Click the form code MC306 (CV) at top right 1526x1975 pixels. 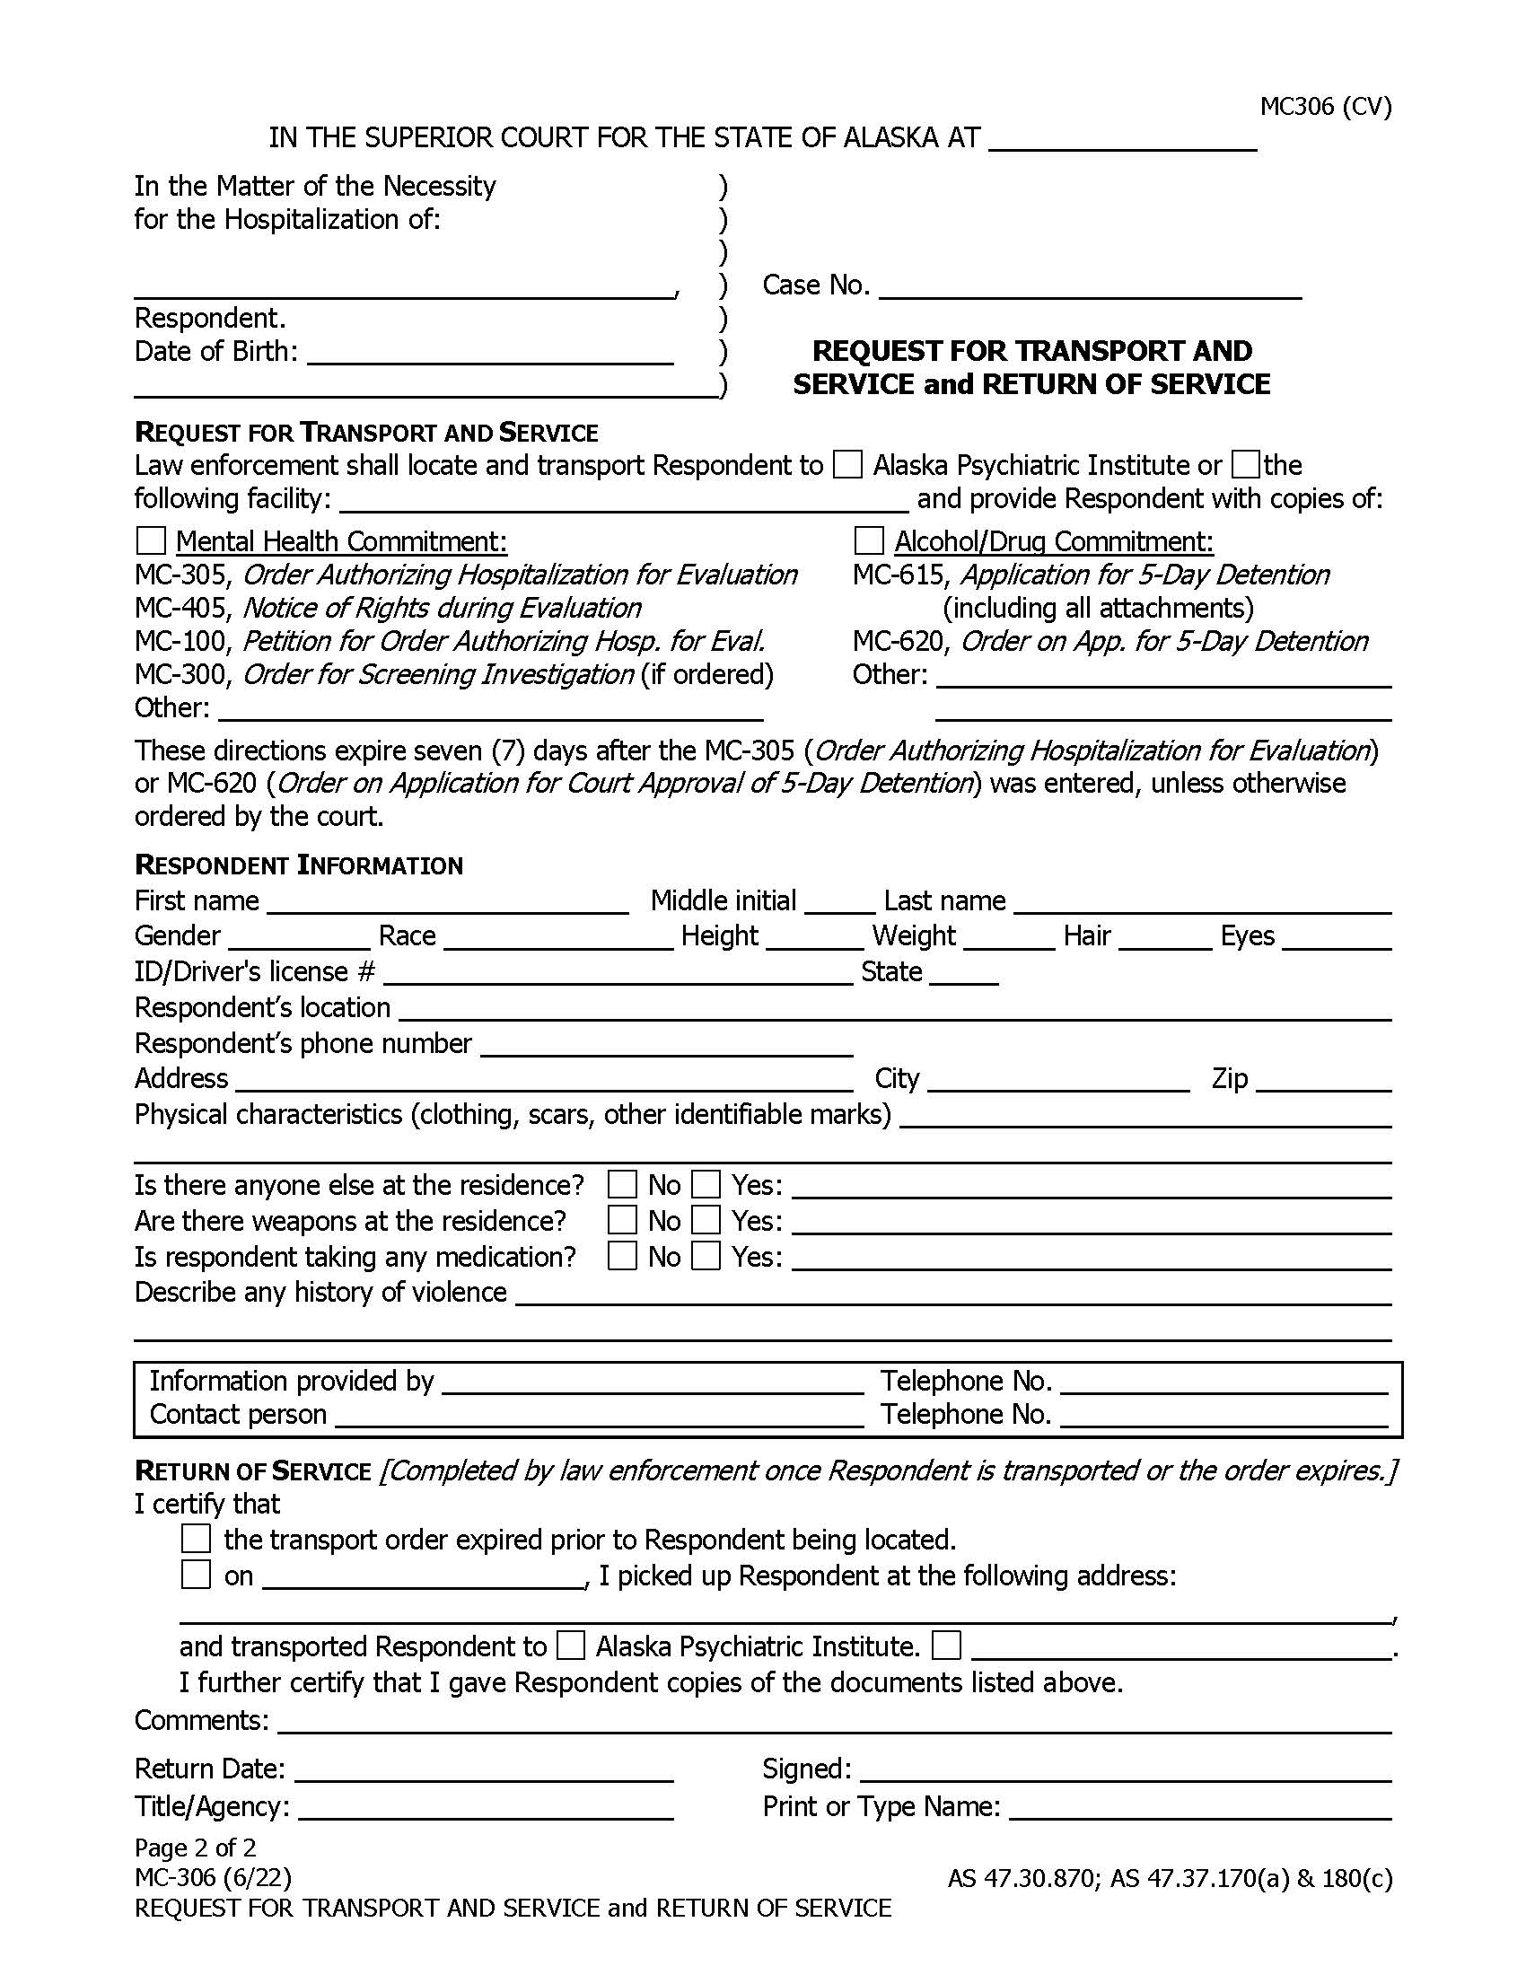(x=1325, y=107)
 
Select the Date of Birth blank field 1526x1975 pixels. (x=490, y=355)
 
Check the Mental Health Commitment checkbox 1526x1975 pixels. (x=151, y=540)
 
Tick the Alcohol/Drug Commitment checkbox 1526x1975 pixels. (x=868, y=540)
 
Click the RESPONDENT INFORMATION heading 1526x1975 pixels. (x=298, y=865)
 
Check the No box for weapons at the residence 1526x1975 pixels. (x=622, y=1221)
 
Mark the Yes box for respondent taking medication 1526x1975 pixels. (x=706, y=1256)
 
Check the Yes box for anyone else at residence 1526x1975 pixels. (x=706, y=1185)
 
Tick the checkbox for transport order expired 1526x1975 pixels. (x=197, y=1538)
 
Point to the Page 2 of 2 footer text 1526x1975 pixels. (x=196, y=1848)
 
